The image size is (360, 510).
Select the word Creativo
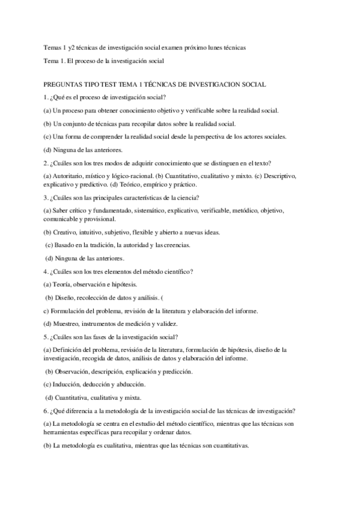pos(67,232)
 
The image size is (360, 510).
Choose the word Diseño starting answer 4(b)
pos(66,298)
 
